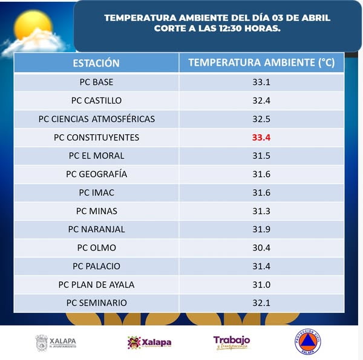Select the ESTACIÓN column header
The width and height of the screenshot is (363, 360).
click(96, 63)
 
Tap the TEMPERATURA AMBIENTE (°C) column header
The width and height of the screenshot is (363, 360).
click(261, 63)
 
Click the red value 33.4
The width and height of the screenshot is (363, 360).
click(261, 137)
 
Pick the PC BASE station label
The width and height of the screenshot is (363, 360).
click(96, 82)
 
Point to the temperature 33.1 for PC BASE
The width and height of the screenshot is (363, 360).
click(261, 82)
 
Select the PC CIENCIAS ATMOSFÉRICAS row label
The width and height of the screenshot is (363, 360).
click(96, 119)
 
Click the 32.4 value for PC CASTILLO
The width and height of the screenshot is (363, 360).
click(261, 100)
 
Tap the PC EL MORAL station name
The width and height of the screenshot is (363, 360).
click(96, 155)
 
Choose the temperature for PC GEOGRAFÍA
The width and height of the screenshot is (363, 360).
click(261, 174)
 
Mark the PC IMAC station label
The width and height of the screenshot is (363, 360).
click(96, 192)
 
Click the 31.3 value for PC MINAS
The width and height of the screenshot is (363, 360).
click(261, 211)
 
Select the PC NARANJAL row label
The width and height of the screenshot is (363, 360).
click(96, 229)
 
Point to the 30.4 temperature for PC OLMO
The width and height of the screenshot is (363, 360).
click(261, 247)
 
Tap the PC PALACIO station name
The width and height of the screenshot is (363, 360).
click(96, 266)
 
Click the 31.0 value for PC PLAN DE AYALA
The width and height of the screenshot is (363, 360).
click(261, 284)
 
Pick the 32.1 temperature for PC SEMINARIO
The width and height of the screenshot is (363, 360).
click(261, 303)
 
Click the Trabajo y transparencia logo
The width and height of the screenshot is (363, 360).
click(231, 342)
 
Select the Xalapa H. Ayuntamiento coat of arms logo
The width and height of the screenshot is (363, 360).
click(41, 342)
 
